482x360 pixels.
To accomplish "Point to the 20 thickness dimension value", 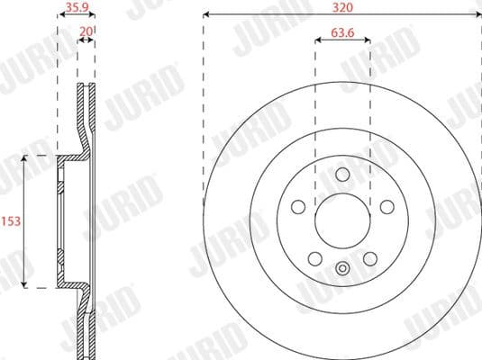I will (86, 31).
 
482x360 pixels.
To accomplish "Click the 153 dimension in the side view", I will (10, 221).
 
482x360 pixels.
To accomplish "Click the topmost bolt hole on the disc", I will (341, 175).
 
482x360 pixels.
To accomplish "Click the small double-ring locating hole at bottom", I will (341, 267).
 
